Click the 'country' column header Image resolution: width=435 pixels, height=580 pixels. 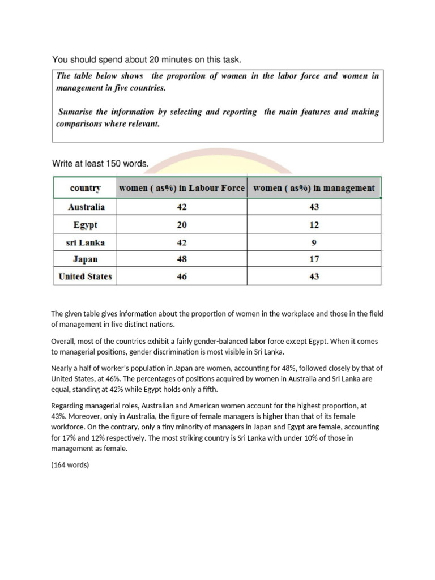[85, 188]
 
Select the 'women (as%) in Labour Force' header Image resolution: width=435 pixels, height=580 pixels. [181, 188]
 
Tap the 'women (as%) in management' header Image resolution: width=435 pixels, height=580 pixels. [314, 188]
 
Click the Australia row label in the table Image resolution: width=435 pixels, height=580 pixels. [86, 207]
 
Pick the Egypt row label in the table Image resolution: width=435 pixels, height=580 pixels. [86, 225]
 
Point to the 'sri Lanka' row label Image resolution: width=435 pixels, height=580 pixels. [86, 242]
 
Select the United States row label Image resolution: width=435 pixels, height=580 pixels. [86, 277]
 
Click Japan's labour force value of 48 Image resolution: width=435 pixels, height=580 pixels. [181, 259]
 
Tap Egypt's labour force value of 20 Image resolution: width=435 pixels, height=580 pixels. [181, 225]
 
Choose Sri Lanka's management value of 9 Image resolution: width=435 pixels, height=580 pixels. [314, 242]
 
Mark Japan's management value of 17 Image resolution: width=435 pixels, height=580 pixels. [314, 259]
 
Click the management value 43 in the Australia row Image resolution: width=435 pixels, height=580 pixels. [314, 207]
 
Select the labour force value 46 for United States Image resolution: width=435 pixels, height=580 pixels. [181, 277]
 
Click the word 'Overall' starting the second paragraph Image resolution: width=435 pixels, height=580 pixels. [63, 342]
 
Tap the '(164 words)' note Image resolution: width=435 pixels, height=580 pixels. [70, 465]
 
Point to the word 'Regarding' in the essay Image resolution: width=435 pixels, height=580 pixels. [67, 406]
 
